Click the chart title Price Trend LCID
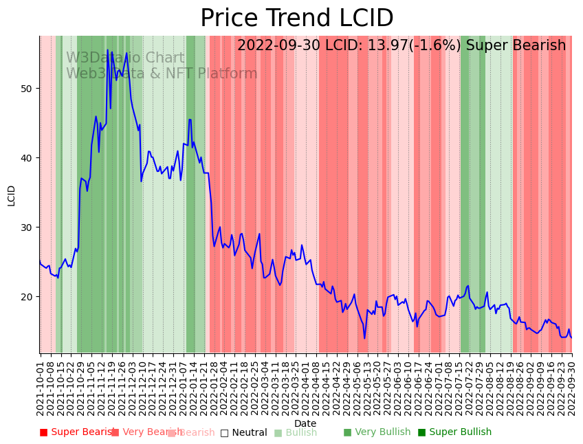tap(296, 19)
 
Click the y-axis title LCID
tap(12, 195)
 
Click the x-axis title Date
tap(305, 423)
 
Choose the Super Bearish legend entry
tap(77, 432)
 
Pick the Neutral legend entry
tap(243, 432)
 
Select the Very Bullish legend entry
tap(377, 432)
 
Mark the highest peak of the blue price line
tap(108, 50)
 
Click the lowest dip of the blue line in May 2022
tap(364, 337)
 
